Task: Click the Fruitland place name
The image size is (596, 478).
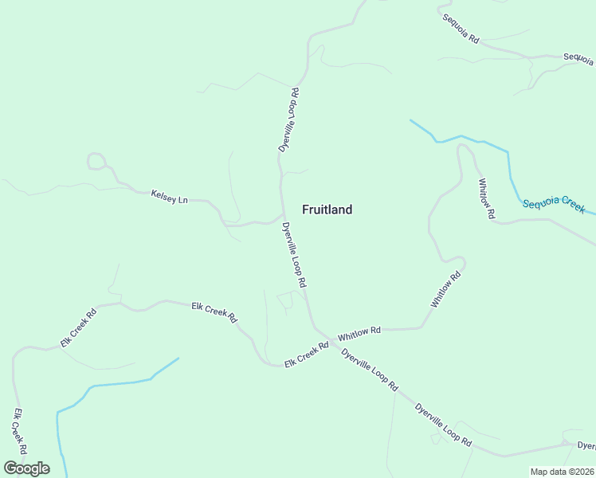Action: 327,210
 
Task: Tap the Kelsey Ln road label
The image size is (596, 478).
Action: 169,194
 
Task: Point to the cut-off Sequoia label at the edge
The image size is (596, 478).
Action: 578,57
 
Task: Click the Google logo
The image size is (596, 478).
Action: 26,468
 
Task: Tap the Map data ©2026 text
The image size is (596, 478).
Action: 562,472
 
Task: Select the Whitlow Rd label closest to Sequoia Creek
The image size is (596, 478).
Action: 486,198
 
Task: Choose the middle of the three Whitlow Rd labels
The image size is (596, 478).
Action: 446,291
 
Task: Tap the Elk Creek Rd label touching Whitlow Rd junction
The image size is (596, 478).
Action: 307,355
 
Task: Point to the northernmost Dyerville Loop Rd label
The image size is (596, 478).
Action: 288,120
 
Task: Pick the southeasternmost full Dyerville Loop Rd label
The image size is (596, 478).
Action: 443,425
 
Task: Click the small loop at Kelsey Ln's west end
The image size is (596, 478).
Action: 96,162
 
